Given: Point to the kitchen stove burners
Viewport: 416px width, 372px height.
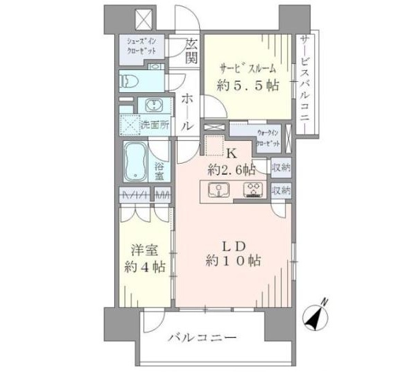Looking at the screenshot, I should click(x=252, y=189).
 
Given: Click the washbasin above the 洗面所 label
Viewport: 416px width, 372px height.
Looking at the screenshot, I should click(x=153, y=106).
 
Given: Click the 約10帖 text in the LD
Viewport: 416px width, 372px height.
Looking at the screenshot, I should click(x=233, y=261).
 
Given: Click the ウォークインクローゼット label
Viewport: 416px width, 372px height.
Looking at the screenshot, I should click(x=268, y=136).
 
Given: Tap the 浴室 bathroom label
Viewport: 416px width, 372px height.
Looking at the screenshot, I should click(x=159, y=171).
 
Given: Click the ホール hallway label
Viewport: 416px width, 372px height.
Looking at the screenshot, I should click(x=187, y=113).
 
